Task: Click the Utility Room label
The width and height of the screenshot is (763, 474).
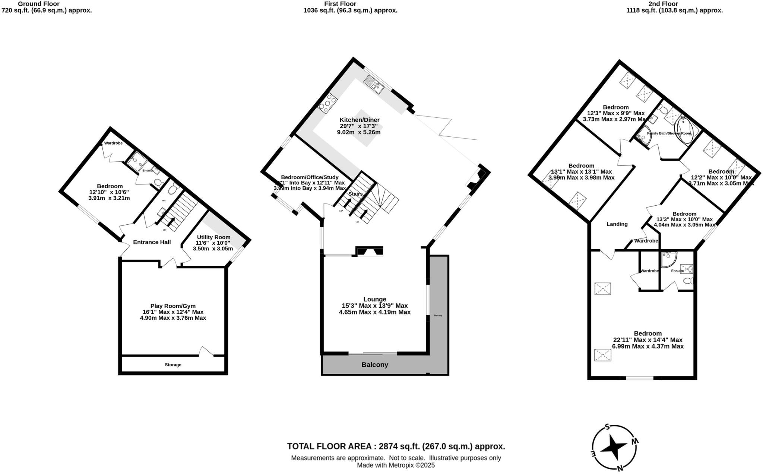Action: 213,237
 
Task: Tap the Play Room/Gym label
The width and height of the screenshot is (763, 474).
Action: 173,306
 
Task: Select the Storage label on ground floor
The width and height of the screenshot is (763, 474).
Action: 173,365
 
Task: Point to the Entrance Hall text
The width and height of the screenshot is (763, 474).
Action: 152,242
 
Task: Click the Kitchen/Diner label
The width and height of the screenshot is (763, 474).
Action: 359,120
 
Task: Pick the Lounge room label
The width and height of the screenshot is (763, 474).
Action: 375,299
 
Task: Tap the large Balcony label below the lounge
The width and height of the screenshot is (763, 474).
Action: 375,365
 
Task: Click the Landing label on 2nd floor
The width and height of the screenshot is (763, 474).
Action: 617,224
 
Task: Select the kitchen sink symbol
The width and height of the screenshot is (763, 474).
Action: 374,84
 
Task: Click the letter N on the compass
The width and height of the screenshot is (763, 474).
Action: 620,468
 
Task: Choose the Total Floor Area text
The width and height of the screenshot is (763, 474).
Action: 396,446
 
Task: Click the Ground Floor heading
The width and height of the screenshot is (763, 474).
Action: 39,4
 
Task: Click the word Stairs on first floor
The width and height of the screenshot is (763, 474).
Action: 355,194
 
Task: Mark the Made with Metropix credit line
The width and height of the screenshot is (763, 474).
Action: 396,465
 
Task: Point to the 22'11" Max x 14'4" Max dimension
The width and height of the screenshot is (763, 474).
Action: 648,340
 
